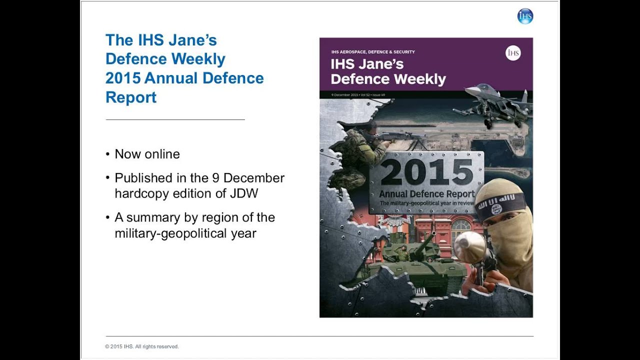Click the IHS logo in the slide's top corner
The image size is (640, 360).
click(x=525, y=16)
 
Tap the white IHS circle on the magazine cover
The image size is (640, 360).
click(x=513, y=53)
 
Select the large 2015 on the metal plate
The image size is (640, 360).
click(x=426, y=172)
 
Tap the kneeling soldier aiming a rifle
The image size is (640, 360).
click(x=358, y=155)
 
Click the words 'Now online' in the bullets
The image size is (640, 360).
click(x=147, y=154)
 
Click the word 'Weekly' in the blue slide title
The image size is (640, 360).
click(x=200, y=59)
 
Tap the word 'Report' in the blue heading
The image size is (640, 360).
click(x=131, y=97)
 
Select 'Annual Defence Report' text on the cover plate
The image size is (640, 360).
click(x=426, y=194)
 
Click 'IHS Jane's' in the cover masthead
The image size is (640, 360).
click(x=367, y=64)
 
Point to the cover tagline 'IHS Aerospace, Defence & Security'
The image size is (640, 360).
click(x=373, y=52)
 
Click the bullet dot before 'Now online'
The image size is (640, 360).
click(x=107, y=154)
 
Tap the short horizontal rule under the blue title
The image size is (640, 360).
click(x=175, y=120)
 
